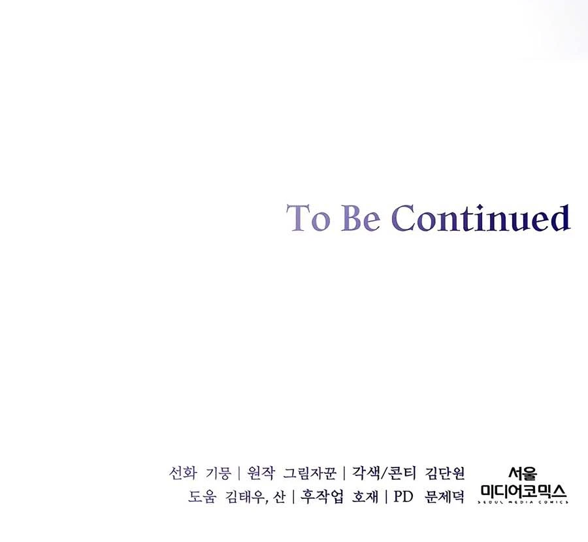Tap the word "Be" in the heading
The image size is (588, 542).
tap(361, 218)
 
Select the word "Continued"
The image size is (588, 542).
tap(481, 217)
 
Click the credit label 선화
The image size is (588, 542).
tap(183, 473)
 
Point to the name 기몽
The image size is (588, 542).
tap(218, 473)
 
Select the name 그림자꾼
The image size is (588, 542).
tap(310, 473)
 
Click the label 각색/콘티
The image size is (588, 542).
tap(384, 473)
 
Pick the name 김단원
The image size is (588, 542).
tap(445, 473)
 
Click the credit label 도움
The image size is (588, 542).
tap(202, 497)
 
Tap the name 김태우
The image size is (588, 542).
tap(245, 497)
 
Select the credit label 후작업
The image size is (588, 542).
tap(321, 497)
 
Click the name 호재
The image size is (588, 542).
tap(365, 497)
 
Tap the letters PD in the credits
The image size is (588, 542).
tap(403, 497)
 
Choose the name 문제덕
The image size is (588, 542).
tap(445, 497)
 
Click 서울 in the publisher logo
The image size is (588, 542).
tap(523, 474)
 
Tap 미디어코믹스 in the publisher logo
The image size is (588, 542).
tap(523, 491)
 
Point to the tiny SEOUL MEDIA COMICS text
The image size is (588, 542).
tap(523, 502)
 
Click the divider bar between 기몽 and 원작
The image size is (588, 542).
tap(239, 473)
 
